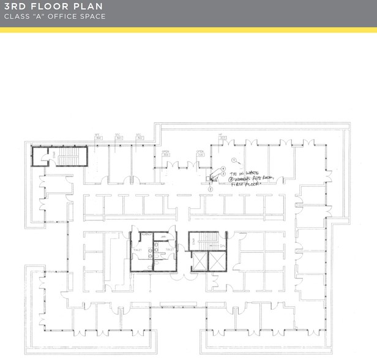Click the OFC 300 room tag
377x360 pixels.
97,137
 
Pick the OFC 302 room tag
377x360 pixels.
139,137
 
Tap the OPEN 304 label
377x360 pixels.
166,153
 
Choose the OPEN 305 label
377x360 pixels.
200,153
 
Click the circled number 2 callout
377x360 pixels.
210,190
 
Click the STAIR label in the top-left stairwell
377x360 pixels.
54,158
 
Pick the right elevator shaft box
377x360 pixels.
217,261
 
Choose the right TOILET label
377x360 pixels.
169,250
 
